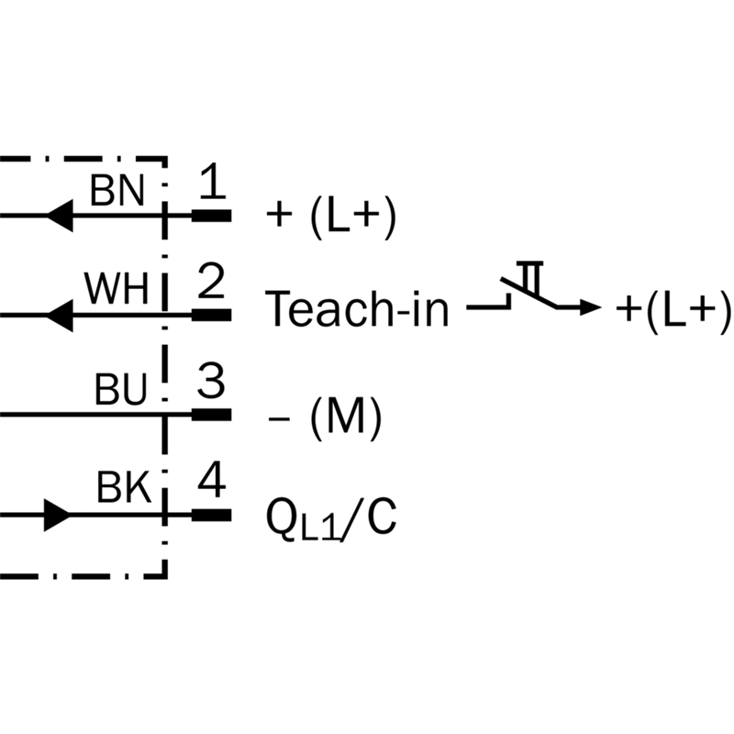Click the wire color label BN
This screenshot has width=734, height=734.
pos(117,191)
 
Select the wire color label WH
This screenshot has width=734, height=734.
pos(117,289)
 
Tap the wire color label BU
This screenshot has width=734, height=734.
pos(121,389)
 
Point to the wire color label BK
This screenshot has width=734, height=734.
pos(124,487)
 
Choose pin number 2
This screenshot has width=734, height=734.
pos(211,280)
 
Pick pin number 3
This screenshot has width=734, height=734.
pos(211,381)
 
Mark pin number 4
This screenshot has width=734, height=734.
pos(212,480)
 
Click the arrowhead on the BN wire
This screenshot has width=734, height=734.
pos(60,216)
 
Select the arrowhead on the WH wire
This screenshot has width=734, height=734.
pos(60,316)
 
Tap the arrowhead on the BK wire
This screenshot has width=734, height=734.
pos(57,516)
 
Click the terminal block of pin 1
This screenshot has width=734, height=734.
pos(212,216)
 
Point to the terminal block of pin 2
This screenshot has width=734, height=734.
pos(212,315)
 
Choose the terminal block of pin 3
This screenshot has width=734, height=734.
pos(212,415)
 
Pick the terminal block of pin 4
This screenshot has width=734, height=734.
pos(212,516)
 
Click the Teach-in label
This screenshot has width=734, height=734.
pos(357,308)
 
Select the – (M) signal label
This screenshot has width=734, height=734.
pos(325,417)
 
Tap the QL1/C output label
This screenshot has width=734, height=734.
pos(331,518)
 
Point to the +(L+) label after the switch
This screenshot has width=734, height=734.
pos(673,310)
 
